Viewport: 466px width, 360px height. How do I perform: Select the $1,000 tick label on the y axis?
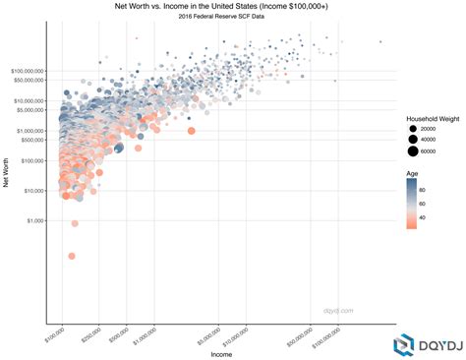[31, 220]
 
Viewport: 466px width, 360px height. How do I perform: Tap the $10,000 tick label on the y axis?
[29, 191]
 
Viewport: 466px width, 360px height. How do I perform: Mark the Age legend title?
[413, 173]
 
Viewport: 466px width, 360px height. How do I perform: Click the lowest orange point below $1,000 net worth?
[72, 256]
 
